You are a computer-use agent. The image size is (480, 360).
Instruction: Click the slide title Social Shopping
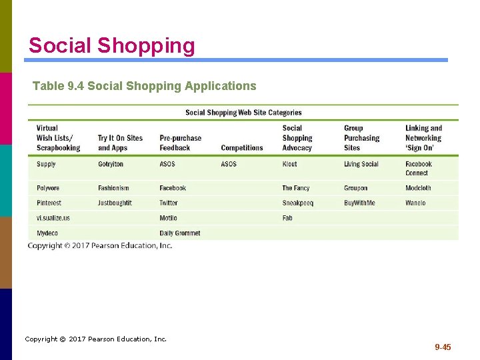click(x=112, y=46)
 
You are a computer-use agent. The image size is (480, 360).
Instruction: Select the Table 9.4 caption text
click(x=144, y=86)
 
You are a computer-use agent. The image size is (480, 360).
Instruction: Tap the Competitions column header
click(x=241, y=148)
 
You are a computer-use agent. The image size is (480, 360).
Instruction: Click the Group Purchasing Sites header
click(x=361, y=138)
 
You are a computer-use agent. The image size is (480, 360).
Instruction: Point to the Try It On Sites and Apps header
click(x=120, y=143)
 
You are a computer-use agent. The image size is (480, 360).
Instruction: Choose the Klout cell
click(x=291, y=164)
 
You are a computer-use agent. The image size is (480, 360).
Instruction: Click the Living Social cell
click(x=361, y=164)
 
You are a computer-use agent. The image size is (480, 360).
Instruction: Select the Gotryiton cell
click(x=111, y=164)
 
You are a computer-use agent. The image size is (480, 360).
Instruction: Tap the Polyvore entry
click(x=48, y=188)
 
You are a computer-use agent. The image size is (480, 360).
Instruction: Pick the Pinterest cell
click(x=49, y=203)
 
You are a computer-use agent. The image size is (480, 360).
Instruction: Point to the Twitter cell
click(x=169, y=203)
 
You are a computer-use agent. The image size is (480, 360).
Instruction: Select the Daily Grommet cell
click(x=180, y=233)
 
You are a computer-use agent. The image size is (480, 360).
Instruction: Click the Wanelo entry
click(x=415, y=203)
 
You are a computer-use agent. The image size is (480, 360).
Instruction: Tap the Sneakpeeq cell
click(x=297, y=203)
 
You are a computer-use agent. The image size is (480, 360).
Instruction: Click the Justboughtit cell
click(x=115, y=203)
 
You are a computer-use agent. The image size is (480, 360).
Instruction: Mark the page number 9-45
click(x=443, y=347)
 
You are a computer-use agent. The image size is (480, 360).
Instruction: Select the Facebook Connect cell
click(x=418, y=168)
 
